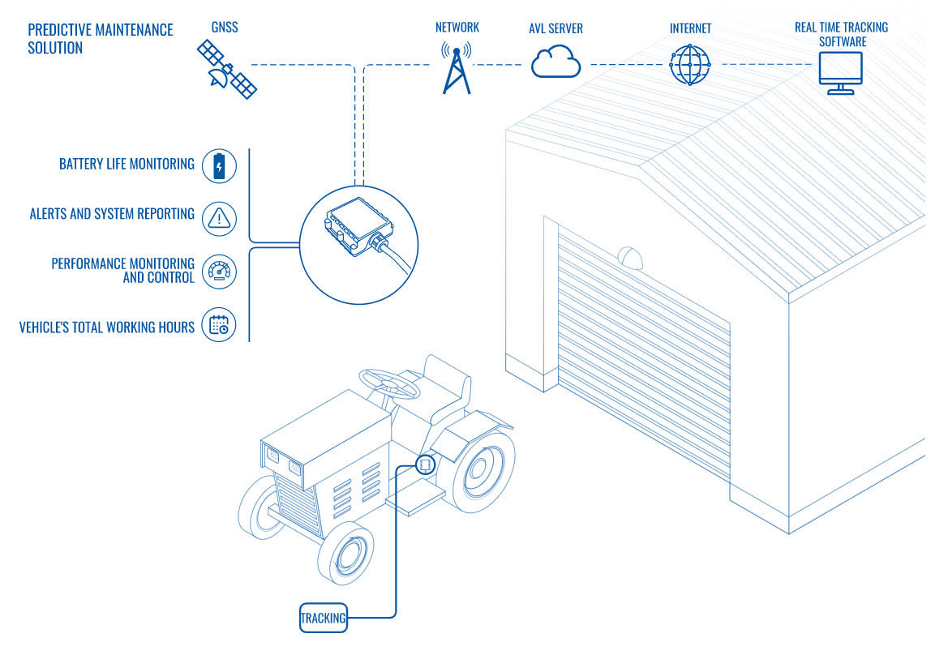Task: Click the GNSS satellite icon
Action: point(227,69)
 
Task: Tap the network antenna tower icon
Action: point(456,68)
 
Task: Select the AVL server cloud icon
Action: point(556,62)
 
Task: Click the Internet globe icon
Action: point(690,64)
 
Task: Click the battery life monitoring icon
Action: point(218,166)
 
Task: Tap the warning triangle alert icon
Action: point(218,217)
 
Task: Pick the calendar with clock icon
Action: point(218,325)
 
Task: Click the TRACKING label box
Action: point(324,618)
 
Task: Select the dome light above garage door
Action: point(631,258)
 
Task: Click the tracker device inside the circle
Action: point(357,229)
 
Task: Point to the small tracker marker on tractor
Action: point(425,464)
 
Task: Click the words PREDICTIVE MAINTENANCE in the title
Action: point(101,30)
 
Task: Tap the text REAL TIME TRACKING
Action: point(841,28)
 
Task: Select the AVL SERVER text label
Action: point(556,28)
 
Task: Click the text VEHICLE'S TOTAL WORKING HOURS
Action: point(107,327)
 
